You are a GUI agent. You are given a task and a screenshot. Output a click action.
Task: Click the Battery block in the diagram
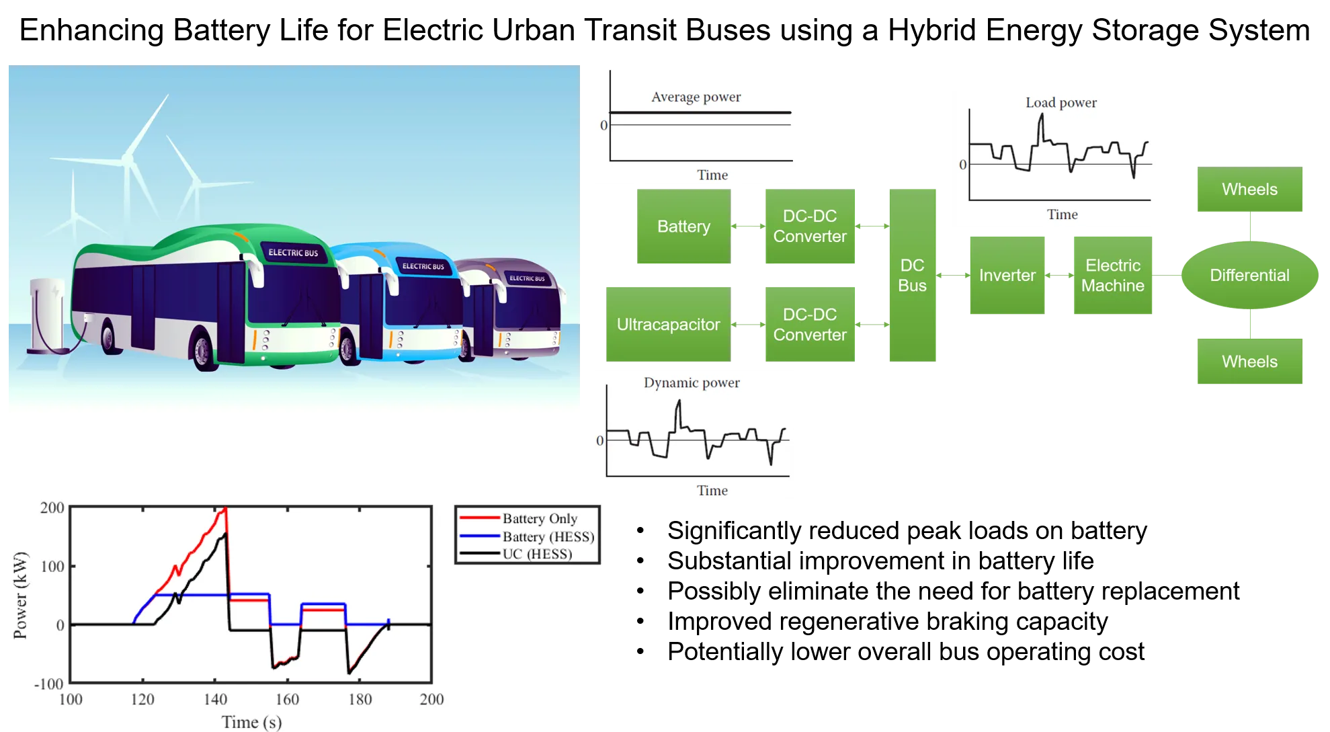[683, 227]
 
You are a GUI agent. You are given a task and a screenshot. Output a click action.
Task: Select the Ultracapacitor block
[668, 325]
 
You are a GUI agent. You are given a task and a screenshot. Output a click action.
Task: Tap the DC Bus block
[912, 276]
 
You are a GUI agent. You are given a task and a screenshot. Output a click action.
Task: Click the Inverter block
[1007, 276]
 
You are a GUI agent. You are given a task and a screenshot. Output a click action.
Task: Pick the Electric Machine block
[1112, 276]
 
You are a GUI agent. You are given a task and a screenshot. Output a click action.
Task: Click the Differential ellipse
[1249, 276]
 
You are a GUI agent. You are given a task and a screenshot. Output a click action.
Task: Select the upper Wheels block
[1249, 190]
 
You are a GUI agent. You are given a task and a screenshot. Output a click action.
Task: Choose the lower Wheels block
[1249, 362]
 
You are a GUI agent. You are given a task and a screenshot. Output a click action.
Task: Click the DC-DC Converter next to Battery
[810, 227]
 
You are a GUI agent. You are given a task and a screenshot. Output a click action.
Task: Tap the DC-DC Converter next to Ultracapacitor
[810, 325]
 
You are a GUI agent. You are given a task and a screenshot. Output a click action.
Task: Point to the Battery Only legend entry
[540, 518]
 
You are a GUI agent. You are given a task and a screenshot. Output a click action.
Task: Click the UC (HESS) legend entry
[537, 554]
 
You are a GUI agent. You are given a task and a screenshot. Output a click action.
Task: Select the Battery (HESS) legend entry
[548, 536]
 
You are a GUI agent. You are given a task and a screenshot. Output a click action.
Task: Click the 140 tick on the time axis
[215, 699]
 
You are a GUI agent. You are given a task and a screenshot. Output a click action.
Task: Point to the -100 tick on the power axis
[50, 684]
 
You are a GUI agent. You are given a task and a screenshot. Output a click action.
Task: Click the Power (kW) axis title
[21, 595]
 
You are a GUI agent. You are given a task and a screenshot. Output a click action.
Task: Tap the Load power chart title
[1061, 103]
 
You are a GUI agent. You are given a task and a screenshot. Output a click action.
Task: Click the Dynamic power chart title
[692, 382]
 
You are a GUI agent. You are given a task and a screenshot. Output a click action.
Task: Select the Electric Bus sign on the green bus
[293, 253]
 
